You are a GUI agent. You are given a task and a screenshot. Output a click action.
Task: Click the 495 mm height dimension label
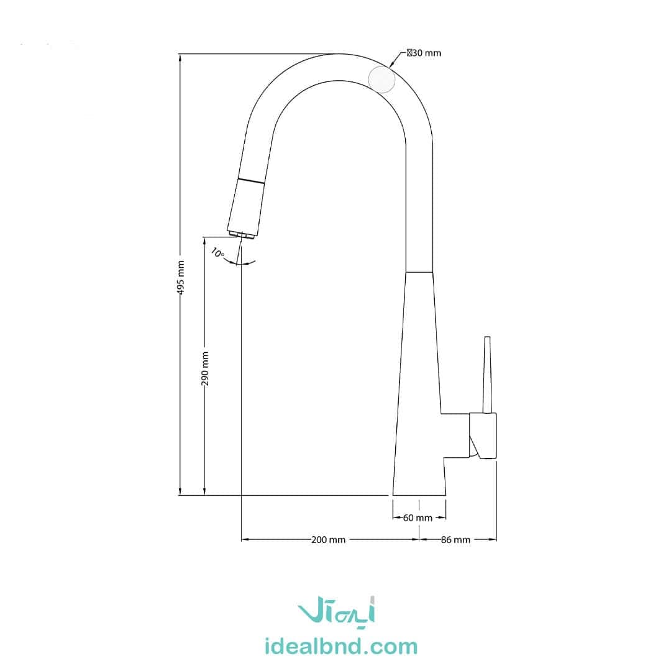[181, 277]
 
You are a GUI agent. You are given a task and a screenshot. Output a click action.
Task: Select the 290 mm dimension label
[205, 368]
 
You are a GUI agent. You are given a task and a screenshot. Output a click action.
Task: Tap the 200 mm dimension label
[328, 540]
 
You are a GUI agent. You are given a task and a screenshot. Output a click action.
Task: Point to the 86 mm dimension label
[456, 540]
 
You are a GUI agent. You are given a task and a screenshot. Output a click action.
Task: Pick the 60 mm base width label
[418, 518]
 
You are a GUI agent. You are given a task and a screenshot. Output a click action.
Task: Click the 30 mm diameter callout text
[424, 53]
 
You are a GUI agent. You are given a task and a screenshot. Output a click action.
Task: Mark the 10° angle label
[217, 253]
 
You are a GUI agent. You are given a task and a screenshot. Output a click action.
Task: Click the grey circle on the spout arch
[381, 80]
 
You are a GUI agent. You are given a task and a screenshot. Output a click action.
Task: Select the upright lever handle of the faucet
[487, 375]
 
